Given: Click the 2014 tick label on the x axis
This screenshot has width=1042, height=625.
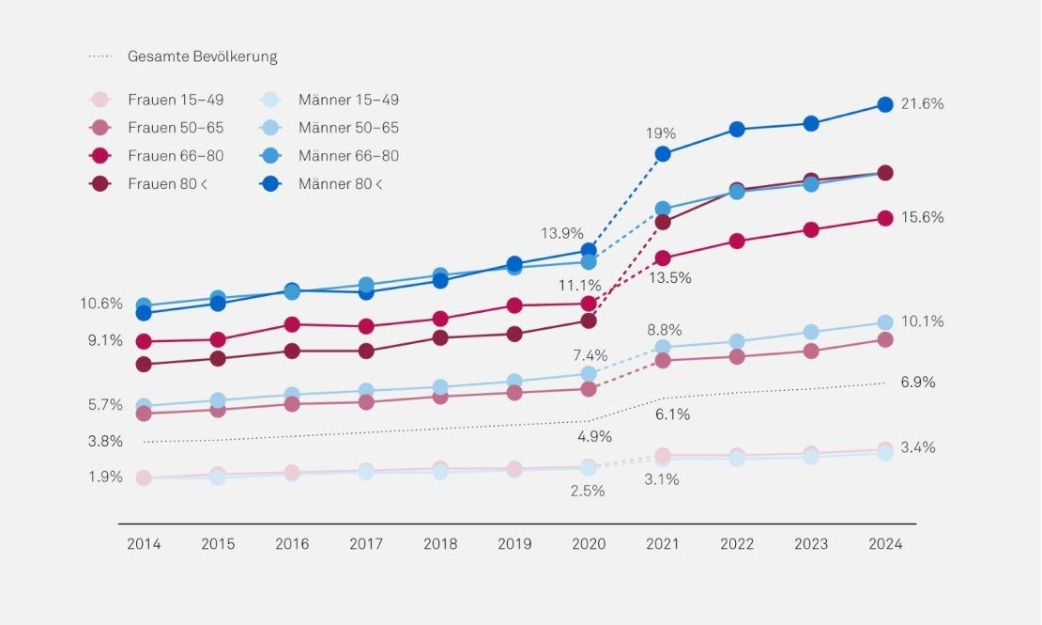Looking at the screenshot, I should point(144,544).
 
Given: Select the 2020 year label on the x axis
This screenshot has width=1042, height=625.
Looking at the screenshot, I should point(589,544).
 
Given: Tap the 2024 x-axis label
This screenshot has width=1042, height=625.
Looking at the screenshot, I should point(884,544).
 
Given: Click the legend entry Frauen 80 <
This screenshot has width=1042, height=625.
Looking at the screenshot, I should point(167,184).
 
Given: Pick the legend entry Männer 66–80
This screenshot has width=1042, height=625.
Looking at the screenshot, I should point(348,156).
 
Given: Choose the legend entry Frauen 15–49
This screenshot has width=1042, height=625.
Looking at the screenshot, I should point(176,100).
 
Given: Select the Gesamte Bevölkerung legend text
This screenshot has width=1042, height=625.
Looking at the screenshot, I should point(202,56).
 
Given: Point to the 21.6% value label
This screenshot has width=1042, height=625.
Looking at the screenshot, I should point(921,104).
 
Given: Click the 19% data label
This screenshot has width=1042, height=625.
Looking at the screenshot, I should point(660,133).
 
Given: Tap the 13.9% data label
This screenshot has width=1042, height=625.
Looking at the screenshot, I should point(562,233).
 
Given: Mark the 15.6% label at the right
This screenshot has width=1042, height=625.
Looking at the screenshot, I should point(921,217).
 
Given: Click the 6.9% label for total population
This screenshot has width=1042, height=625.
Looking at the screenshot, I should point(917,383).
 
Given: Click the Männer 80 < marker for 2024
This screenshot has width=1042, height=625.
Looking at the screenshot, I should point(884,104).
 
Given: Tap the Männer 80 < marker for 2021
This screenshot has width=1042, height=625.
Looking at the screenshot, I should point(663,154).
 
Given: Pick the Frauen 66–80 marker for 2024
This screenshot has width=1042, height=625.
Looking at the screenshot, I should point(884,218).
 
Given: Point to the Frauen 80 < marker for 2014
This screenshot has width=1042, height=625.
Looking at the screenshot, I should point(144,364).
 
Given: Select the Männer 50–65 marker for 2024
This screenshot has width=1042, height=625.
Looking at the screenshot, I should point(884,323).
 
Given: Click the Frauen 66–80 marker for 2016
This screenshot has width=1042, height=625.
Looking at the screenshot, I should point(292,324).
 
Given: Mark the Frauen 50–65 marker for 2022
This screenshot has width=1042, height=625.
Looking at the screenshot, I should point(737,356).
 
